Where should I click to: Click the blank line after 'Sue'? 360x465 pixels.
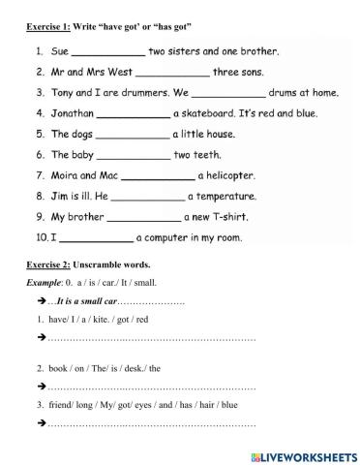[108, 50]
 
